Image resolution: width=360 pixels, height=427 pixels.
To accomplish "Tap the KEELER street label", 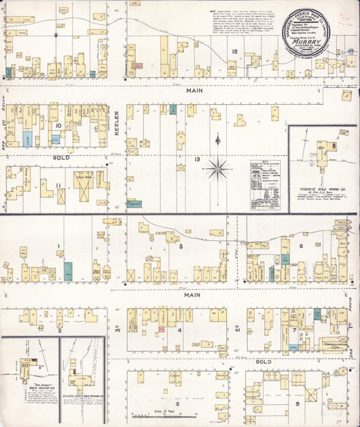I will [x=116, y=124].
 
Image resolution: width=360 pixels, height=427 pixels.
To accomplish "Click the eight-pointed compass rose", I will [x=217, y=168].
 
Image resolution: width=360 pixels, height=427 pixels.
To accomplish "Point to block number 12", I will [x=234, y=51].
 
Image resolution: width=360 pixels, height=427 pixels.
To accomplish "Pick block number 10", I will [x=59, y=126].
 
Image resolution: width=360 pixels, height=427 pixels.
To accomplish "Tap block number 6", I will [x=301, y=247].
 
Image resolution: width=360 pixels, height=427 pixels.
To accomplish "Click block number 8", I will [x=298, y=405].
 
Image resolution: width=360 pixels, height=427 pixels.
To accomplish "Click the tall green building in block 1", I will [x=68, y=271].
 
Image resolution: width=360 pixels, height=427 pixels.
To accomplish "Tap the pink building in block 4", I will [x=161, y=329].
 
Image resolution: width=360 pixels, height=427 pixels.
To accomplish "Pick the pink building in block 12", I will [x=138, y=66].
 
